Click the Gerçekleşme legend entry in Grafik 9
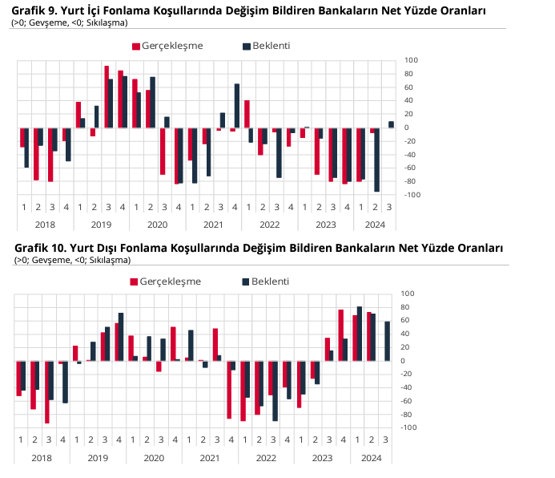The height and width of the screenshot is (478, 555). pos(170,46)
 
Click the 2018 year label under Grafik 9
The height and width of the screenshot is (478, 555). pos(45,225)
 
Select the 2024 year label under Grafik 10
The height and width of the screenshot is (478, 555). pos(371,458)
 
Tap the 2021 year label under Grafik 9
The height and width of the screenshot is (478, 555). pos(213,225)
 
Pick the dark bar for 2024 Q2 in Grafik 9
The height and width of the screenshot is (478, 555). pos(376,160)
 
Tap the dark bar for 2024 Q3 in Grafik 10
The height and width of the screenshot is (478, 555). pos(388,341)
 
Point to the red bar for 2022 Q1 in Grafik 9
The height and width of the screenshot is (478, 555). pos(247,114)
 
